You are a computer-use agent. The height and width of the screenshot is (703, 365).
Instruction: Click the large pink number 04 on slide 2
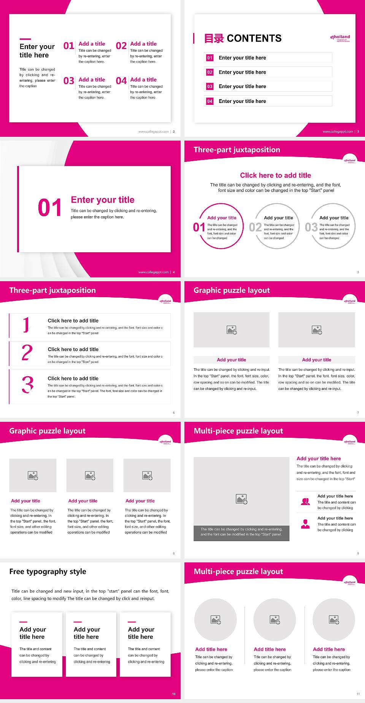121,81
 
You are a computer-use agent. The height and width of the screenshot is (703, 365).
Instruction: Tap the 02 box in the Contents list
210,72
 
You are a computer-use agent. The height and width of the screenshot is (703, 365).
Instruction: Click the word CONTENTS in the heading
254,38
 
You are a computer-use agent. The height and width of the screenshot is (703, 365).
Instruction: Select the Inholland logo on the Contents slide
340,38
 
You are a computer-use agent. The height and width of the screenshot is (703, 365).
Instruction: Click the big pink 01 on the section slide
49,208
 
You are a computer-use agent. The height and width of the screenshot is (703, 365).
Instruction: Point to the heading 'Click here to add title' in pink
275,175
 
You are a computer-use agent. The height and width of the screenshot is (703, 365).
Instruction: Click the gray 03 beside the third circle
311,227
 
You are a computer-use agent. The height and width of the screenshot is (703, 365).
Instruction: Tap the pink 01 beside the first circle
199,227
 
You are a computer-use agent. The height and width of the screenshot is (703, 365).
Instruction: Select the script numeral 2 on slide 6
27,353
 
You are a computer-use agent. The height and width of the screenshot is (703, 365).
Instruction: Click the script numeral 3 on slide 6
27,385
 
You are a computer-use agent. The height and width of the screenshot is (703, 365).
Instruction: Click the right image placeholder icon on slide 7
317,330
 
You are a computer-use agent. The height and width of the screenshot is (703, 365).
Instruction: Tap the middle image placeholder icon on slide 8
90,475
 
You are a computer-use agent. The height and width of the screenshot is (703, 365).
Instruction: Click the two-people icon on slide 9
305,502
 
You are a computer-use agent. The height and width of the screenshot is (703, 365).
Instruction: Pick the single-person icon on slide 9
305,524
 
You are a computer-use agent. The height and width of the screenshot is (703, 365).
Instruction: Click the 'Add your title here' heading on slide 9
319,459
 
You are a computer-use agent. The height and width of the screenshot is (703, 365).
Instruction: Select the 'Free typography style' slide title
48,572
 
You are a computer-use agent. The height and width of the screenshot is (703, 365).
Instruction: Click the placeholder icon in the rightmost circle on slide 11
334,620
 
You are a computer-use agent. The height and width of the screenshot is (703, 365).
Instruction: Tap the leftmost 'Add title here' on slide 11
211,649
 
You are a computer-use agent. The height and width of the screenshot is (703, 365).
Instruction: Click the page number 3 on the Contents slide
358,131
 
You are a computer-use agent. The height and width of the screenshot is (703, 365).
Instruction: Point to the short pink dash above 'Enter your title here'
25,39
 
